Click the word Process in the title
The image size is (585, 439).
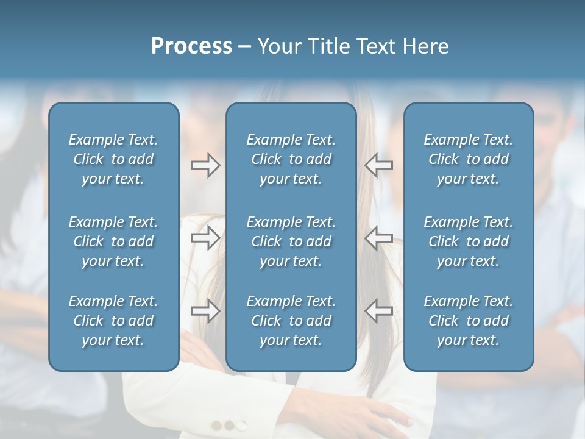191,46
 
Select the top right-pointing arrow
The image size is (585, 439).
205,165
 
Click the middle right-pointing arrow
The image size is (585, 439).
205,238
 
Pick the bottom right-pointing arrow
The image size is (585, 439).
205,311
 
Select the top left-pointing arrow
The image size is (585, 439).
378,165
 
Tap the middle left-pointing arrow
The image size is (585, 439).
378,238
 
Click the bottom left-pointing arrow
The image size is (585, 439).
378,311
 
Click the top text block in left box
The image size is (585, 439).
113,159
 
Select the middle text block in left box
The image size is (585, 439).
113,241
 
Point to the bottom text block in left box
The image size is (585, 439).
113,321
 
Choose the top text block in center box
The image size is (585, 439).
291,159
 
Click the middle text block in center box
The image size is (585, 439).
291,241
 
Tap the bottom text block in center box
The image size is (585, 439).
291,321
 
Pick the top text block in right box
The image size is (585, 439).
468,159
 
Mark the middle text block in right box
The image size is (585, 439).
468,241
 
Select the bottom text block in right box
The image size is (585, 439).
468,321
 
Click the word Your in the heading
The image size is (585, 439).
279,46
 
